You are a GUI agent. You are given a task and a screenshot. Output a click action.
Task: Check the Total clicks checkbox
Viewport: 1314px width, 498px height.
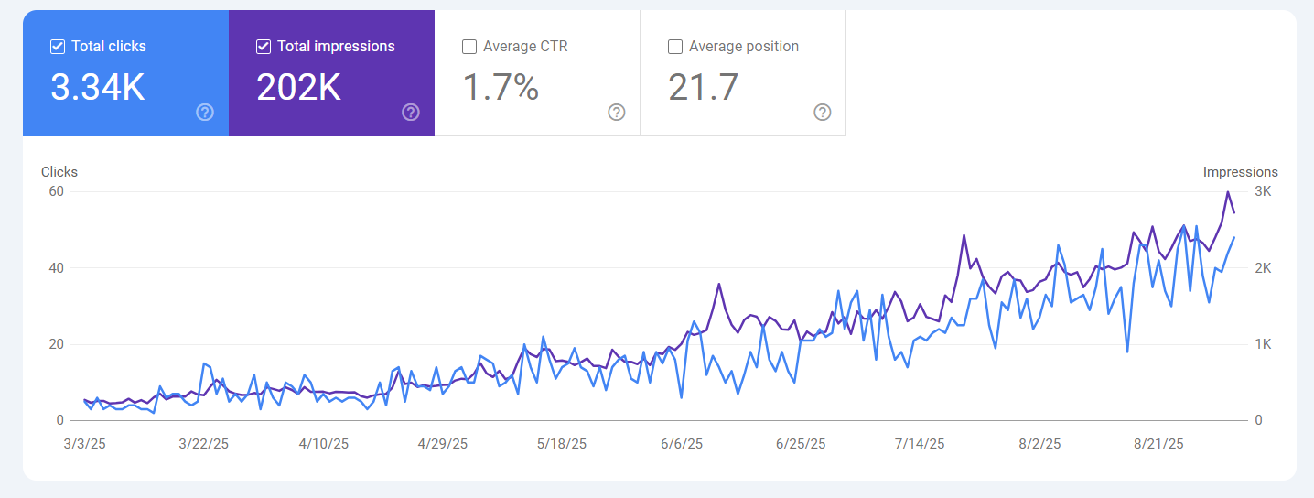tap(58, 47)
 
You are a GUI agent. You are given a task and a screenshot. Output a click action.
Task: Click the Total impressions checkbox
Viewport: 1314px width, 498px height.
tap(264, 47)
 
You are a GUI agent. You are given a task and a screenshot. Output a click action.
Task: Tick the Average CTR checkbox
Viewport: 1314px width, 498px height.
tap(469, 47)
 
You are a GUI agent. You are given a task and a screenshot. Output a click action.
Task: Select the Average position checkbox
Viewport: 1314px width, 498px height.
tap(675, 47)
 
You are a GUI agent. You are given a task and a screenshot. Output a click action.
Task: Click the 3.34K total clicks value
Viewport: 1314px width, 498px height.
tap(98, 87)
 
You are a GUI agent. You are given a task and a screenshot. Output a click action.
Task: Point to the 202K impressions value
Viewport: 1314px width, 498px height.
tap(298, 87)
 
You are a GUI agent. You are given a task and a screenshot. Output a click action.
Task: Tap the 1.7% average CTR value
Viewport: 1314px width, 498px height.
tap(501, 87)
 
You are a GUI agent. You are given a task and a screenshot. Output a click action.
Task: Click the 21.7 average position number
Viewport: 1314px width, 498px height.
tap(703, 87)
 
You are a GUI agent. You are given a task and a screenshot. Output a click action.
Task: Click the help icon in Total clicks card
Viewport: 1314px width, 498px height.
tap(205, 112)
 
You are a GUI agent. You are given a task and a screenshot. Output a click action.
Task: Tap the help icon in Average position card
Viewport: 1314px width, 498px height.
tap(823, 112)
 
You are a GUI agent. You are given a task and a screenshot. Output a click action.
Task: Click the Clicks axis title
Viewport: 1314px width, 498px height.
tap(59, 172)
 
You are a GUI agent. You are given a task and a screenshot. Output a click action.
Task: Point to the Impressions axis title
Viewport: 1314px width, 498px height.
tap(1240, 172)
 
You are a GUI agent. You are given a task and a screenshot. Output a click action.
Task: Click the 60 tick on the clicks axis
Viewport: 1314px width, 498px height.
tap(57, 191)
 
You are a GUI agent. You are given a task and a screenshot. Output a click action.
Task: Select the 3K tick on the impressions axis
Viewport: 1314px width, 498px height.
tap(1263, 191)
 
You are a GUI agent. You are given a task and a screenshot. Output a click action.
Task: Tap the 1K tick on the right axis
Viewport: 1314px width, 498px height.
tap(1263, 344)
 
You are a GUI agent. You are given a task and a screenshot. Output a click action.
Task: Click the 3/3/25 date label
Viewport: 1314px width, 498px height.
tap(85, 444)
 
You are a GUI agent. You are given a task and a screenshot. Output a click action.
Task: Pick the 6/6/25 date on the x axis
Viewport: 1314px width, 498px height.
tap(682, 444)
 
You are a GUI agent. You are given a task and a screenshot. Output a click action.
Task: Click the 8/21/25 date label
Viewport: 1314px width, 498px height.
tap(1159, 444)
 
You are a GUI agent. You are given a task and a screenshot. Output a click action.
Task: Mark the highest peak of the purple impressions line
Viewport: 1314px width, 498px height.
tap(1227, 192)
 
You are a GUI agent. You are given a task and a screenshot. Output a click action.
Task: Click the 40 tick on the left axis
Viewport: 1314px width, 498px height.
tap(57, 268)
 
